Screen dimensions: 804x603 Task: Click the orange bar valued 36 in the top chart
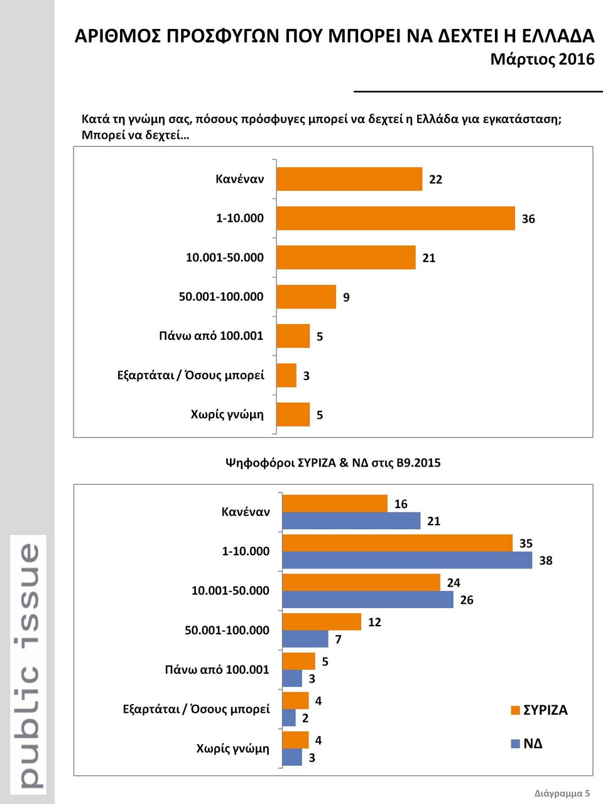click(395, 218)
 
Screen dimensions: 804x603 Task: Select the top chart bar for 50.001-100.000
click(306, 296)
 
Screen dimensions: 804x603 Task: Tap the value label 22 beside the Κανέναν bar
click(435, 180)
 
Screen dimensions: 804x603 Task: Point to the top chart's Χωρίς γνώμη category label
click(227, 415)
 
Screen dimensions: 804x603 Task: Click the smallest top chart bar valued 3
click(286, 375)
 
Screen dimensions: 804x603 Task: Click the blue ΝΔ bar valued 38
click(406, 560)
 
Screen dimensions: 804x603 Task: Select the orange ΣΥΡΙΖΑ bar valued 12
click(322, 622)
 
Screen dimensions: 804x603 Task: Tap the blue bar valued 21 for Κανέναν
click(351, 521)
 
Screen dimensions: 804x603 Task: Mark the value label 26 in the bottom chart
click(466, 600)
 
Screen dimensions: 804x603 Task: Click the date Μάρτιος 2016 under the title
click(542, 59)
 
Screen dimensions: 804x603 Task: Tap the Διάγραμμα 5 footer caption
click(562, 793)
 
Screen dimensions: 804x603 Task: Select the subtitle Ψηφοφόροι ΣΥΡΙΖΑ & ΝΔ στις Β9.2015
click(333, 463)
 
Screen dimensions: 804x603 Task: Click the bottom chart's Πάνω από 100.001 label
click(217, 670)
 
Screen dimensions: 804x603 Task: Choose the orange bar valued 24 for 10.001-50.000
click(361, 582)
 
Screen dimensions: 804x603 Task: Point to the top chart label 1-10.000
click(239, 219)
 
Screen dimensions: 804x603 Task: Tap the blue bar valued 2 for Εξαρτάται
click(289, 718)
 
